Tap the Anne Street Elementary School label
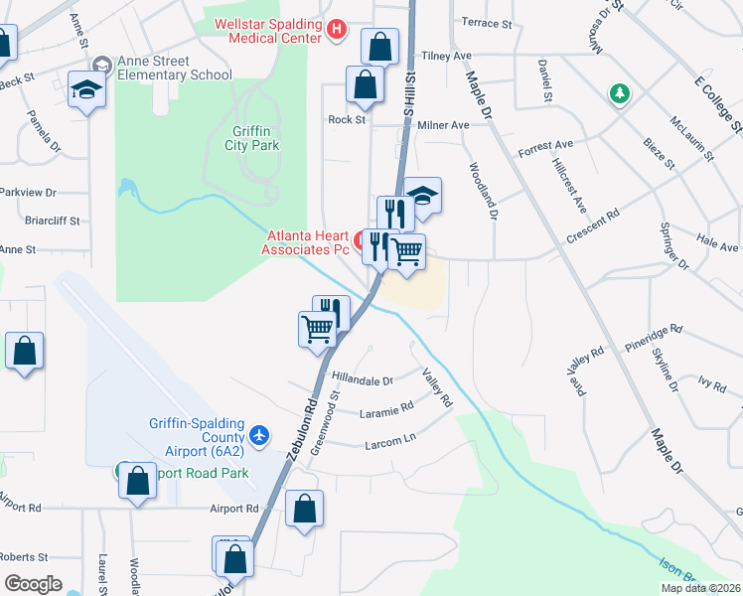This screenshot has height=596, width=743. pyautogui.click(x=175, y=68)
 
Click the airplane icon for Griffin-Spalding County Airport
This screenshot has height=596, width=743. pyautogui.click(x=259, y=435)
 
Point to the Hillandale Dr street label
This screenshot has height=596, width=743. pyautogui.click(x=363, y=379)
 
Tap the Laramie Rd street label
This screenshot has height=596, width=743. pyautogui.click(x=386, y=407)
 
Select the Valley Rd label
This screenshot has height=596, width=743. pyautogui.click(x=437, y=387)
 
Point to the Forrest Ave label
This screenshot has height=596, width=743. pyautogui.click(x=545, y=144)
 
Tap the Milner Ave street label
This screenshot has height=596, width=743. pyautogui.click(x=443, y=126)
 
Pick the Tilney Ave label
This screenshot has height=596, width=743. pyautogui.click(x=446, y=57)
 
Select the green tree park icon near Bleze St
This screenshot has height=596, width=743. pyautogui.click(x=620, y=94)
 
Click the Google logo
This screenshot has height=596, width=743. pyautogui.click(x=33, y=584)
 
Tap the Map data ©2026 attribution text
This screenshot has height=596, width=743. pyautogui.click(x=699, y=588)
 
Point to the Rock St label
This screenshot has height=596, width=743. pyautogui.click(x=348, y=119)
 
